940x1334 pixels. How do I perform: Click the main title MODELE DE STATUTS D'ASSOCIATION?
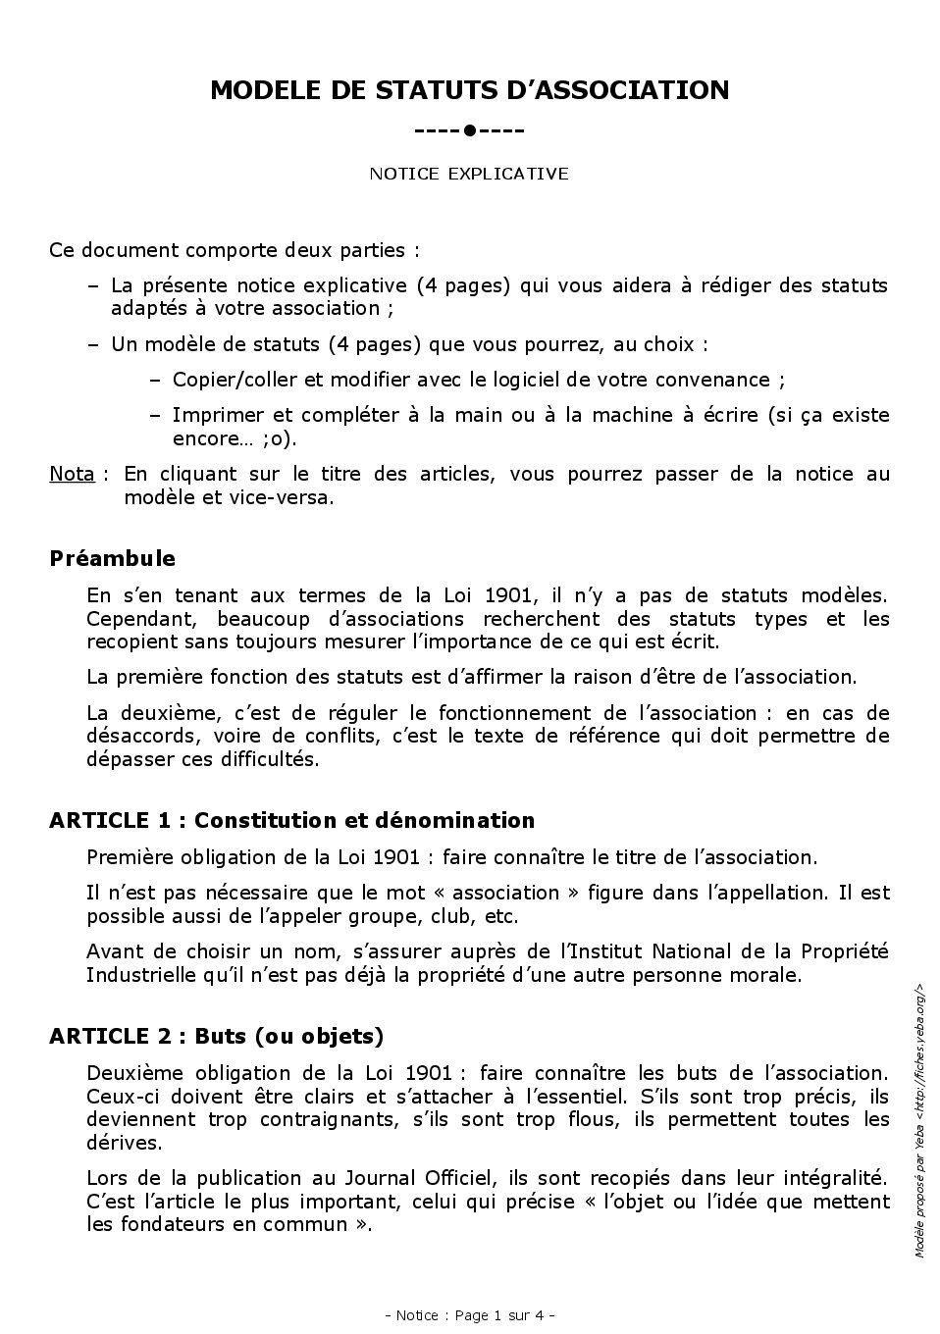[469, 90]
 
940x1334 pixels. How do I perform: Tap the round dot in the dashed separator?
[470, 130]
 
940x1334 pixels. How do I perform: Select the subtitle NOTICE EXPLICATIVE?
[469, 174]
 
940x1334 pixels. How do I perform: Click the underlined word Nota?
[72, 474]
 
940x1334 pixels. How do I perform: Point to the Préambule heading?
[112, 559]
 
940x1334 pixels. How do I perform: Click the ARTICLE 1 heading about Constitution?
[291, 821]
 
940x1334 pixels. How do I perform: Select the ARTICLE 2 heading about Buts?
[216, 1037]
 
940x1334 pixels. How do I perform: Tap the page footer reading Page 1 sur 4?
[470, 1315]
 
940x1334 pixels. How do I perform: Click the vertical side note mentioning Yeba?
[919, 1118]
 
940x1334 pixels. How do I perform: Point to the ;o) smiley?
[278, 438]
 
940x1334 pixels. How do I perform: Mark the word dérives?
[123, 1143]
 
